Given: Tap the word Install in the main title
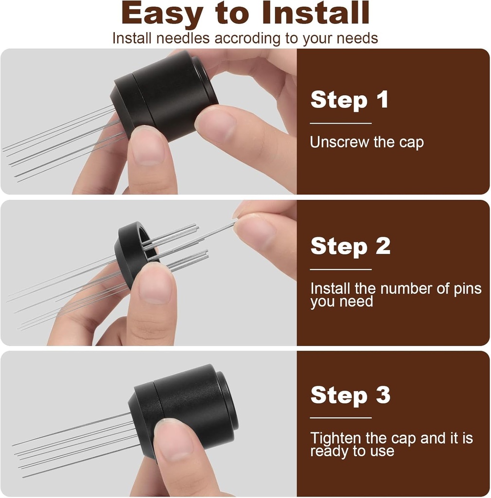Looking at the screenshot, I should click(x=315, y=15).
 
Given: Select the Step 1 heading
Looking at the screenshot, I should click(x=350, y=100).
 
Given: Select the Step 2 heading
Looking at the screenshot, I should click(x=350, y=246).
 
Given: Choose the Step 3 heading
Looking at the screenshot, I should click(x=350, y=395).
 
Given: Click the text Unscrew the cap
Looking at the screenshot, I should click(x=367, y=142).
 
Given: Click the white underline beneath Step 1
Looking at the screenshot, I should click(x=340, y=123).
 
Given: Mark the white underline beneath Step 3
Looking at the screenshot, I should click(x=340, y=417).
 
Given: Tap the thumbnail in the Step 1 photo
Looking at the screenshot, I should click(x=146, y=146).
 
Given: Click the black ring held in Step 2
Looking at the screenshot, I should click(x=129, y=253).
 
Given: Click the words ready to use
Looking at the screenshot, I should click(x=352, y=451).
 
